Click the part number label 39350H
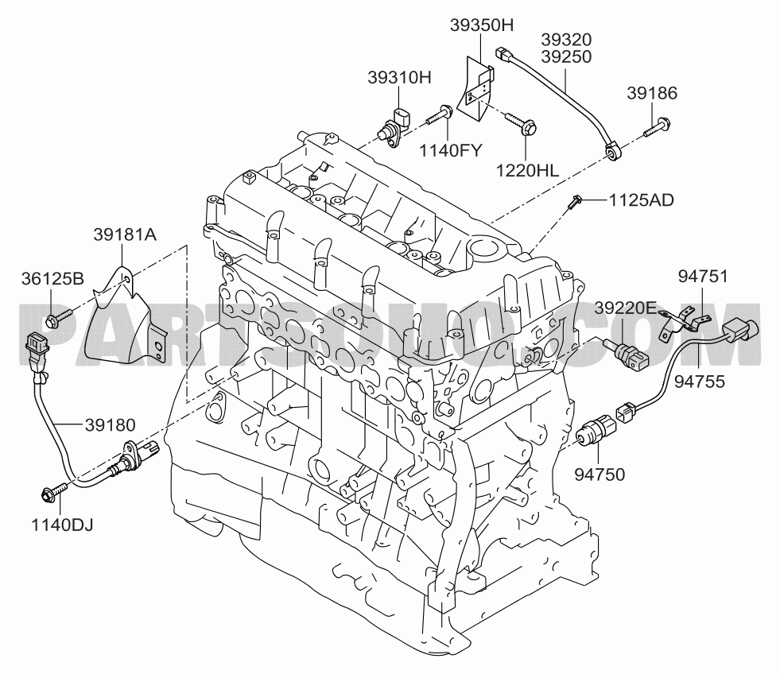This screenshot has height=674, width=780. click(x=481, y=25)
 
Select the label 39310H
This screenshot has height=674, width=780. click(x=399, y=78)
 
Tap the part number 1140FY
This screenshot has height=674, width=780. click(x=451, y=149)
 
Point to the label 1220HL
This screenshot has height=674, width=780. click(x=527, y=171)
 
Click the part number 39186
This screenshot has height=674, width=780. click(x=652, y=93)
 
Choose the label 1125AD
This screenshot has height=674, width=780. click(x=641, y=200)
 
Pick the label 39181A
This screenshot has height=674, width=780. click(x=125, y=234)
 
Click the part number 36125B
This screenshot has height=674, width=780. click(x=52, y=278)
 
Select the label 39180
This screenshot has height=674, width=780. click(x=110, y=424)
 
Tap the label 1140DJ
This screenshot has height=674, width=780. click(x=62, y=525)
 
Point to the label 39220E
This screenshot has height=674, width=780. click(x=626, y=308)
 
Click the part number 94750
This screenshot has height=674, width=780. click(x=600, y=475)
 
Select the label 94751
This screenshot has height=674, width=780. click(x=703, y=277)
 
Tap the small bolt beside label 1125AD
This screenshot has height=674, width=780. click(x=574, y=202)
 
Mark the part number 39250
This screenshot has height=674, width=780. click(x=566, y=56)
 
